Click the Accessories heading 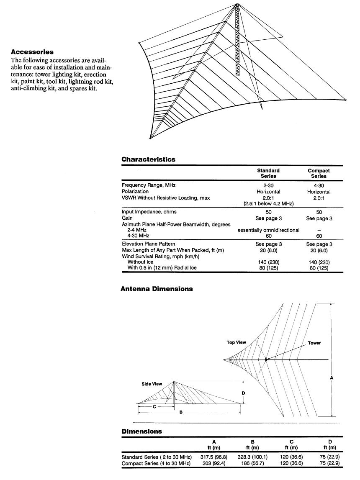pyautogui.click(x=32, y=52)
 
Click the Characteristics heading pyautogui.click(x=148, y=159)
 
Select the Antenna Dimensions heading pyautogui.click(x=157, y=289)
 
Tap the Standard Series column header pyautogui.click(x=268, y=173)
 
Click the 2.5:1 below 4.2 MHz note pyautogui.click(x=268, y=204)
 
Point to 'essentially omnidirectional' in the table pyautogui.click(x=268, y=230)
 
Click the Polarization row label pyautogui.click(x=135, y=192)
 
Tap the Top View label pyautogui.click(x=237, y=342)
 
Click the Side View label pyautogui.click(x=152, y=384)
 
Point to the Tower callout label pyautogui.click(x=314, y=343)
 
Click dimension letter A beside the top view pyautogui.click(x=332, y=377)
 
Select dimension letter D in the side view pyautogui.click(x=243, y=393)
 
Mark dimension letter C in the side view pyautogui.click(x=154, y=406)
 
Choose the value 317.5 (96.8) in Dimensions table pyautogui.click(x=214, y=457)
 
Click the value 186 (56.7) pyautogui.click(x=253, y=463)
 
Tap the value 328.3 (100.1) pyautogui.click(x=253, y=457)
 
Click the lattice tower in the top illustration pyautogui.click(x=237, y=40)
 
